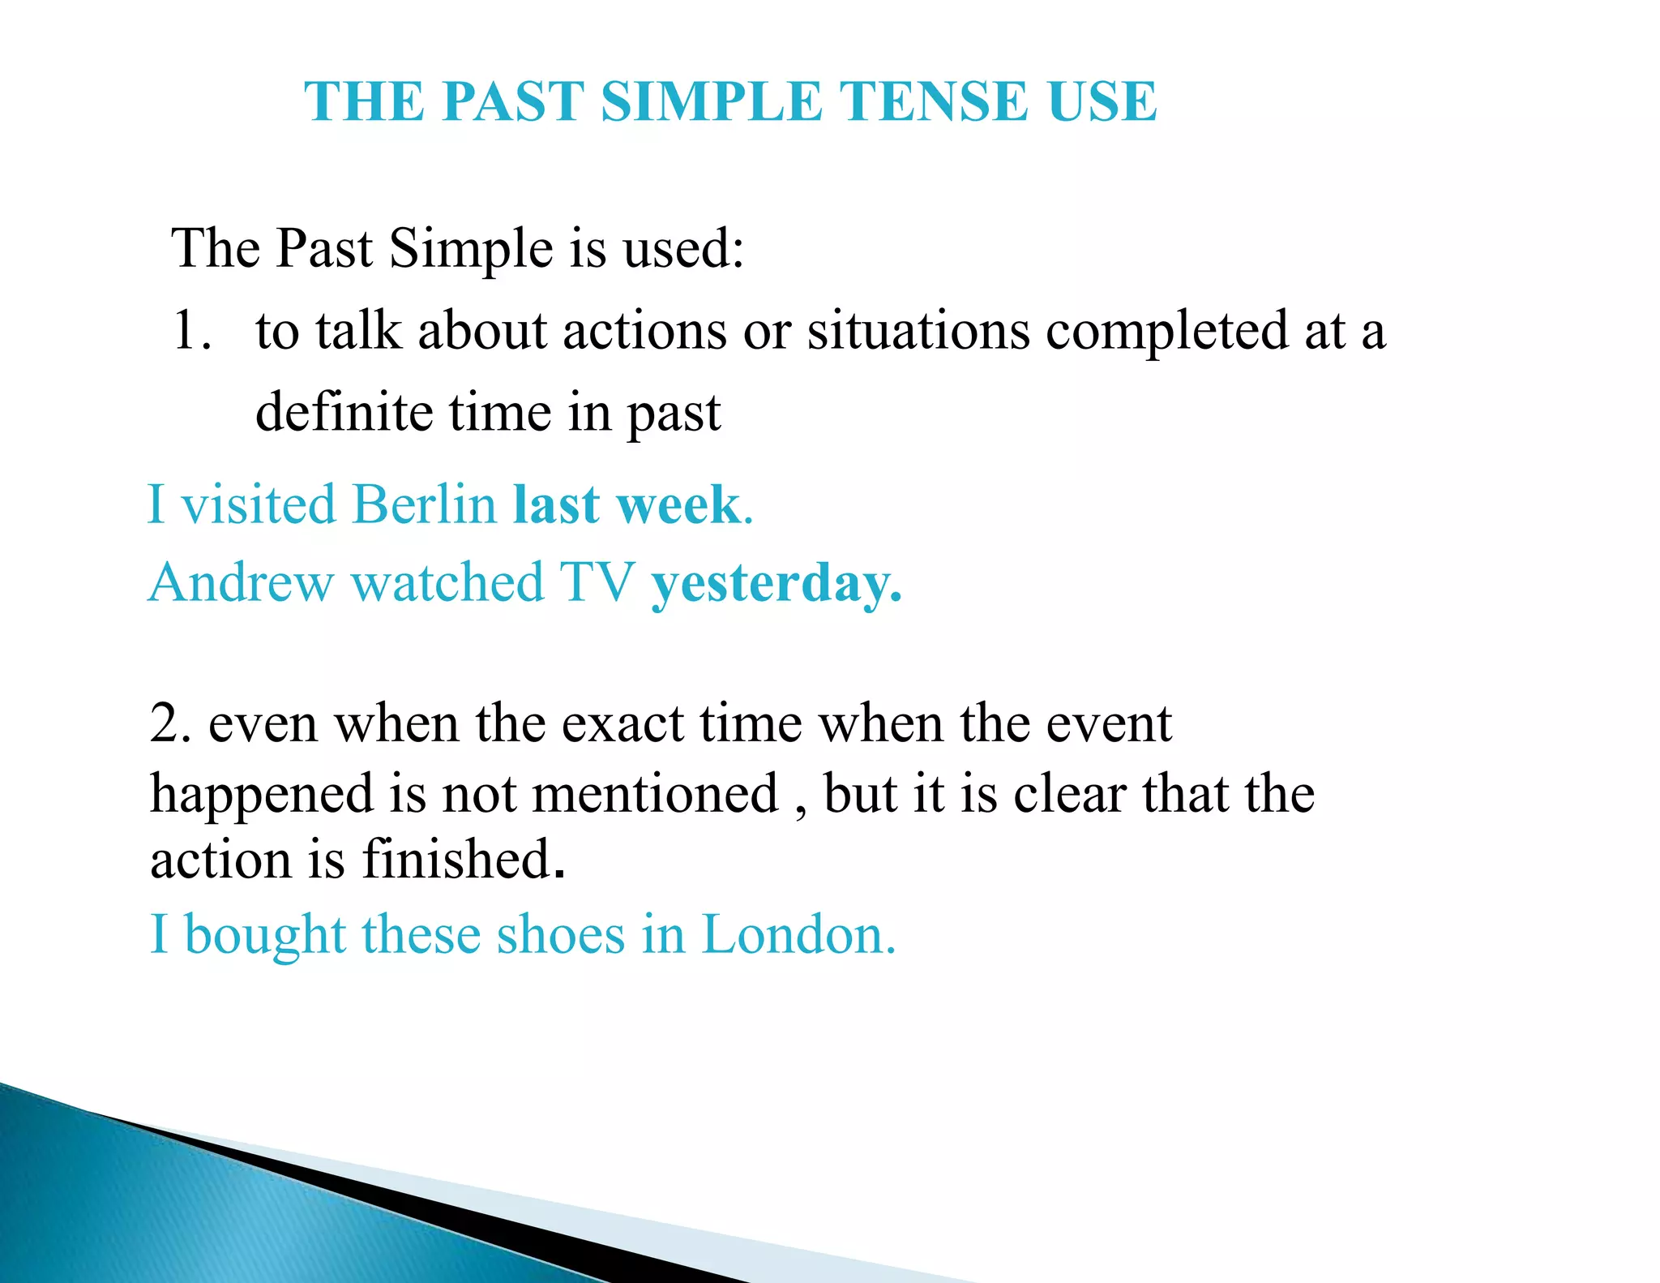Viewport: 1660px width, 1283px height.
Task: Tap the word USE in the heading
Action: click(1102, 102)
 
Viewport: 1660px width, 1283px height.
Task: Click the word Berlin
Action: click(424, 504)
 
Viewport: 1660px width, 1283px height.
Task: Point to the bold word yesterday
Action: click(774, 584)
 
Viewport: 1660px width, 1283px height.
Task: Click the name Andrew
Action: click(241, 583)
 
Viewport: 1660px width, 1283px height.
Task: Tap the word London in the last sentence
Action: click(798, 935)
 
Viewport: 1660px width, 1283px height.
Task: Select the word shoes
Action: click(560, 935)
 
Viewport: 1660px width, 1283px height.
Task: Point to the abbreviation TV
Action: click(597, 583)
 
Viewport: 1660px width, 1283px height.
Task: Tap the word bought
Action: click(265, 935)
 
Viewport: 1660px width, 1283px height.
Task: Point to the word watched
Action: click(447, 583)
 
